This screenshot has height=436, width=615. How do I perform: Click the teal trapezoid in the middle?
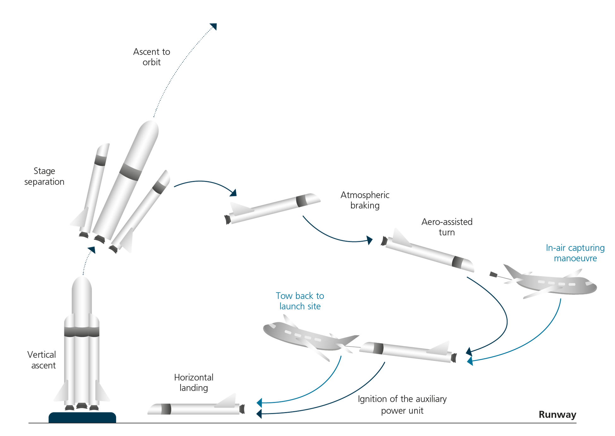pos(284,284)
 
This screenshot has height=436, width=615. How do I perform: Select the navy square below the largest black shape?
pos(335,240)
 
